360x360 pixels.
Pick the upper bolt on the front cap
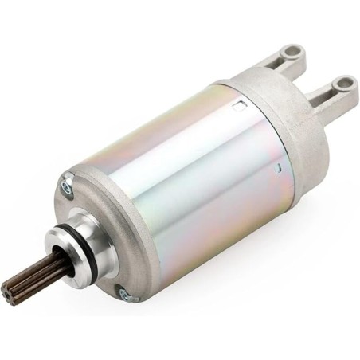click(65, 189)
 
